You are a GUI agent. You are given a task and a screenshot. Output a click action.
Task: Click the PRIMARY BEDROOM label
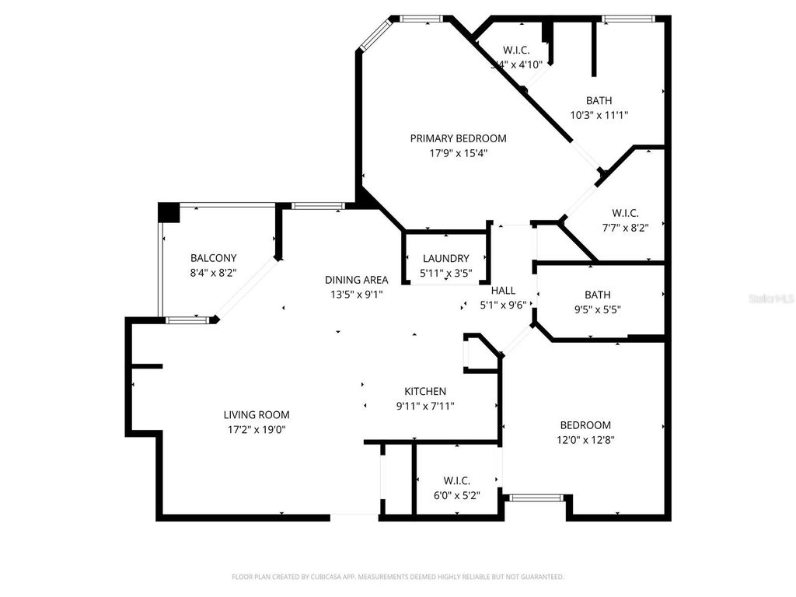click(458, 138)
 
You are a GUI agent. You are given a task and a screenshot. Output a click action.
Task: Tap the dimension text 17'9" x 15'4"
click(458, 153)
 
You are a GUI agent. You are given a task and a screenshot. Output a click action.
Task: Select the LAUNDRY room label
click(446, 259)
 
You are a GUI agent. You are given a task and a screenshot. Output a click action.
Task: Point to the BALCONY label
click(213, 258)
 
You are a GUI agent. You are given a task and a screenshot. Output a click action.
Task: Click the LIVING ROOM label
click(257, 415)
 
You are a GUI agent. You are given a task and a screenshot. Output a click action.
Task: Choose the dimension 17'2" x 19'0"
click(257, 429)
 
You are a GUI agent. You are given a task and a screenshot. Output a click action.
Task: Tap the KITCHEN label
click(425, 391)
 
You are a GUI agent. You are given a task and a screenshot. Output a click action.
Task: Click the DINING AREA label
click(356, 280)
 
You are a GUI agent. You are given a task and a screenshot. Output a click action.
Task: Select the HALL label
click(503, 291)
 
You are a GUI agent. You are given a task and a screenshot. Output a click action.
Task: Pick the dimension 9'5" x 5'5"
click(597, 309)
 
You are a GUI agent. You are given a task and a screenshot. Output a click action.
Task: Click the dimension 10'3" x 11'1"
click(599, 115)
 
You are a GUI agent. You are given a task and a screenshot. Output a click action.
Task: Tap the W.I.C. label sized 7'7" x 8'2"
click(625, 213)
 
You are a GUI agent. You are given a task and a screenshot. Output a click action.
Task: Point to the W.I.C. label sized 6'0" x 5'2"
click(456, 480)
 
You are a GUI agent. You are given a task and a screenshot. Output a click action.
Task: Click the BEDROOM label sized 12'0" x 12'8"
click(585, 425)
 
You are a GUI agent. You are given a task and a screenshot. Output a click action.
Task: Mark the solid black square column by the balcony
click(168, 212)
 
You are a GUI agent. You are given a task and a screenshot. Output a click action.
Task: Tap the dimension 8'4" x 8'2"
click(213, 273)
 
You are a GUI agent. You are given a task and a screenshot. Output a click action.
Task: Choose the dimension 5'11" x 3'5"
click(445, 274)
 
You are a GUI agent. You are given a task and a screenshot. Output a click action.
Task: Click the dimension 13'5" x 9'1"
click(356, 295)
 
